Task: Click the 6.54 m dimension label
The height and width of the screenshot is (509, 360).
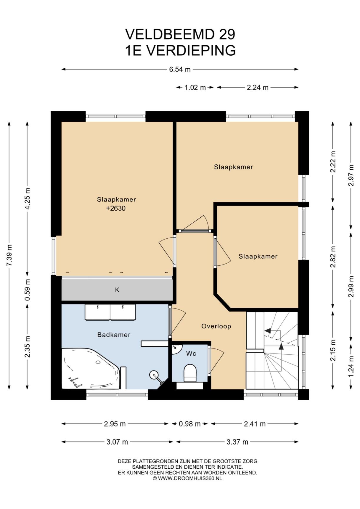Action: pyautogui.click(x=180, y=70)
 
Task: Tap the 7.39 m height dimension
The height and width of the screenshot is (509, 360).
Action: pyautogui.click(x=9, y=255)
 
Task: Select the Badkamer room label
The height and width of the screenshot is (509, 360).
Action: pyautogui.click(x=114, y=335)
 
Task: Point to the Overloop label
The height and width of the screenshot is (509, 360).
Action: pyautogui.click(x=216, y=326)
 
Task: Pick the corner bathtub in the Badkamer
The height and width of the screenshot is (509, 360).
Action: pyautogui.click(x=91, y=368)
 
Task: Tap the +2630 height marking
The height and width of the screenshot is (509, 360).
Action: pyautogui.click(x=116, y=208)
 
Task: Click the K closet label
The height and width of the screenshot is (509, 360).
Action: pyautogui.click(x=117, y=290)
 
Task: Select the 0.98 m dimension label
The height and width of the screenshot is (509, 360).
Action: pyautogui.click(x=190, y=424)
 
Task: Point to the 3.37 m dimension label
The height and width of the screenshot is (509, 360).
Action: pyautogui.click(x=237, y=442)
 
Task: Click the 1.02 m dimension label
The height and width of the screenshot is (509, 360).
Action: pyautogui.click(x=195, y=87)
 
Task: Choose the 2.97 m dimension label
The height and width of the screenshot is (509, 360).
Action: pyautogui.click(x=351, y=175)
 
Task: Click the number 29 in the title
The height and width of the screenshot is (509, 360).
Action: pyautogui.click(x=227, y=34)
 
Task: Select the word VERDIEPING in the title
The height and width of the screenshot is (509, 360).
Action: pyautogui.click(x=191, y=50)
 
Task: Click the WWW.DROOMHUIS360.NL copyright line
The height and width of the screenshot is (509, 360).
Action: pyautogui.click(x=187, y=478)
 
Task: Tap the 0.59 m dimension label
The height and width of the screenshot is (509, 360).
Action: pyautogui.click(x=27, y=290)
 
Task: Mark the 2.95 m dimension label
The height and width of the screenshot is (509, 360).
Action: pyautogui.click(x=115, y=424)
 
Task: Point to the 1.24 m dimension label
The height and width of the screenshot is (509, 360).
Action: pyautogui.click(x=351, y=366)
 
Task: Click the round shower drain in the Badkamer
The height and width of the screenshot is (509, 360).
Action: pyautogui.click(x=154, y=375)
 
